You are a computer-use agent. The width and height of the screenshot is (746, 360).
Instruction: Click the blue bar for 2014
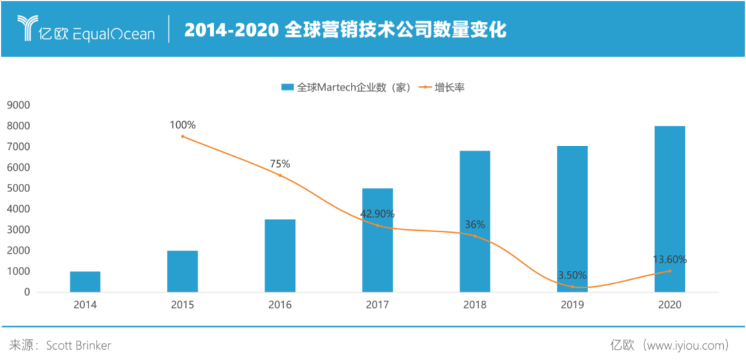85,281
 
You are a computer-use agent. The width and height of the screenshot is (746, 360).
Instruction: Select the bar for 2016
280,255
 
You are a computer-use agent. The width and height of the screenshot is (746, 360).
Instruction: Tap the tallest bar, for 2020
669,209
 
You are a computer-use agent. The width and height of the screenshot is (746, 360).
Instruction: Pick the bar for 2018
475,221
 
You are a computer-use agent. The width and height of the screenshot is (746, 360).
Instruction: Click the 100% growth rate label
183,125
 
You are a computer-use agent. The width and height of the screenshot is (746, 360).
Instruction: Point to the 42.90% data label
377,215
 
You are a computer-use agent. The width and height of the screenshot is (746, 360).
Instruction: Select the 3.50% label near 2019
572,275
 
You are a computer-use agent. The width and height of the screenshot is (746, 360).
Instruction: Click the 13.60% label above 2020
669,260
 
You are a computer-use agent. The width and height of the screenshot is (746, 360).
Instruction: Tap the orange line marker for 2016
280,175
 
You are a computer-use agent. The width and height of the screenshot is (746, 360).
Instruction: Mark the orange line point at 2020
669,271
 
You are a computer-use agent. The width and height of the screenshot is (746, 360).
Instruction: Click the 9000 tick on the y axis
18,105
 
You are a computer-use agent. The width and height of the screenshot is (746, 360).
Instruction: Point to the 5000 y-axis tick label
18,188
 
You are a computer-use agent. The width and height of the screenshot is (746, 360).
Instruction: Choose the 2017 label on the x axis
377,305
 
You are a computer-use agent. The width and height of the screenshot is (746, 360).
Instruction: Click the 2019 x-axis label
572,305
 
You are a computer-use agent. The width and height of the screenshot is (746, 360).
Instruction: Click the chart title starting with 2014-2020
345,31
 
